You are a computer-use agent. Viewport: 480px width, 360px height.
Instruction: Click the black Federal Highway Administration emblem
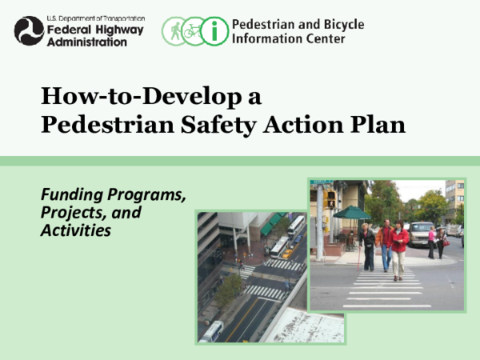pos(28,30)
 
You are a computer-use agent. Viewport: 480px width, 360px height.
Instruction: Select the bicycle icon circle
pos(194,31)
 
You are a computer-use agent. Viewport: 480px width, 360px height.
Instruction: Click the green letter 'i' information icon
pos(214,31)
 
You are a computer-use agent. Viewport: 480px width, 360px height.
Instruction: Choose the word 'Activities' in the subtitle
pos(75,230)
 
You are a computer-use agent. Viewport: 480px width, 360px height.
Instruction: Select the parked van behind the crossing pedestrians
pos(421,233)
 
